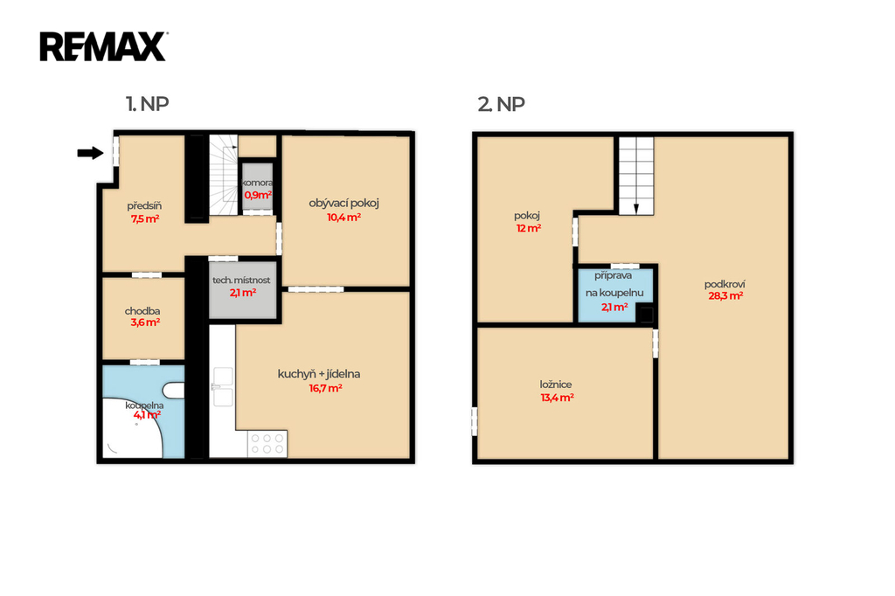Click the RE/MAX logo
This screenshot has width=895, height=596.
click(x=103, y=46)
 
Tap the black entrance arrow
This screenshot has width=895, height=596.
click(x=90, y=153)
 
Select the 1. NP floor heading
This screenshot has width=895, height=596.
click(x=147, y=104)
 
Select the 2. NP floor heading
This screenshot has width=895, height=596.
click(x=501, y=104)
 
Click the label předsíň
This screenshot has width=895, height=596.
click(x=144, y=205)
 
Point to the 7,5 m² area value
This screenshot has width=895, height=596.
click(x=145, y=218)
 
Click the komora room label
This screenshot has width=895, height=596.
click(x=258, y=183)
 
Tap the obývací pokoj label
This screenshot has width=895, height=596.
click(x=344, y=204)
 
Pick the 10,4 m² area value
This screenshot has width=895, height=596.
click(x=343, y=218)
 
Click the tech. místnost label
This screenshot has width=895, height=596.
click(x=241, y=281)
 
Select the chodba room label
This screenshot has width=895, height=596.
click(x=142, y=311)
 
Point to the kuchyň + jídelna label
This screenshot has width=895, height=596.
click(x=319, y=375)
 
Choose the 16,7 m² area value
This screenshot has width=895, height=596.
click(x=325, y=389)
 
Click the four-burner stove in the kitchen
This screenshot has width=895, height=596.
click(x=267, y=444)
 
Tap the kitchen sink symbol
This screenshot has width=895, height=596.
click(x=223, y=387)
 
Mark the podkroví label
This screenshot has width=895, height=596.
click(x=725, y=284)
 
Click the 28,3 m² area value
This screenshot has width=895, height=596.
click(x=725, y=296)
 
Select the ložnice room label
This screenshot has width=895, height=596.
click(x=556, y=385)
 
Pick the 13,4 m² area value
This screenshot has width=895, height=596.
click(x=557, y=398)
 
